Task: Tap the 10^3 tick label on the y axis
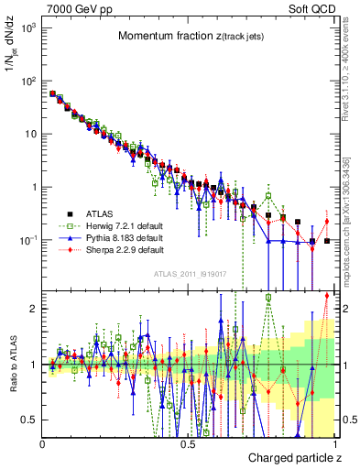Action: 28,28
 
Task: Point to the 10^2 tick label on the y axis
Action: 28,81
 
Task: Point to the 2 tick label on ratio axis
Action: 33,309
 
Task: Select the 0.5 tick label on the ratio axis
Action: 29,420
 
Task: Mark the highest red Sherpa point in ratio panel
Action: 326,294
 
